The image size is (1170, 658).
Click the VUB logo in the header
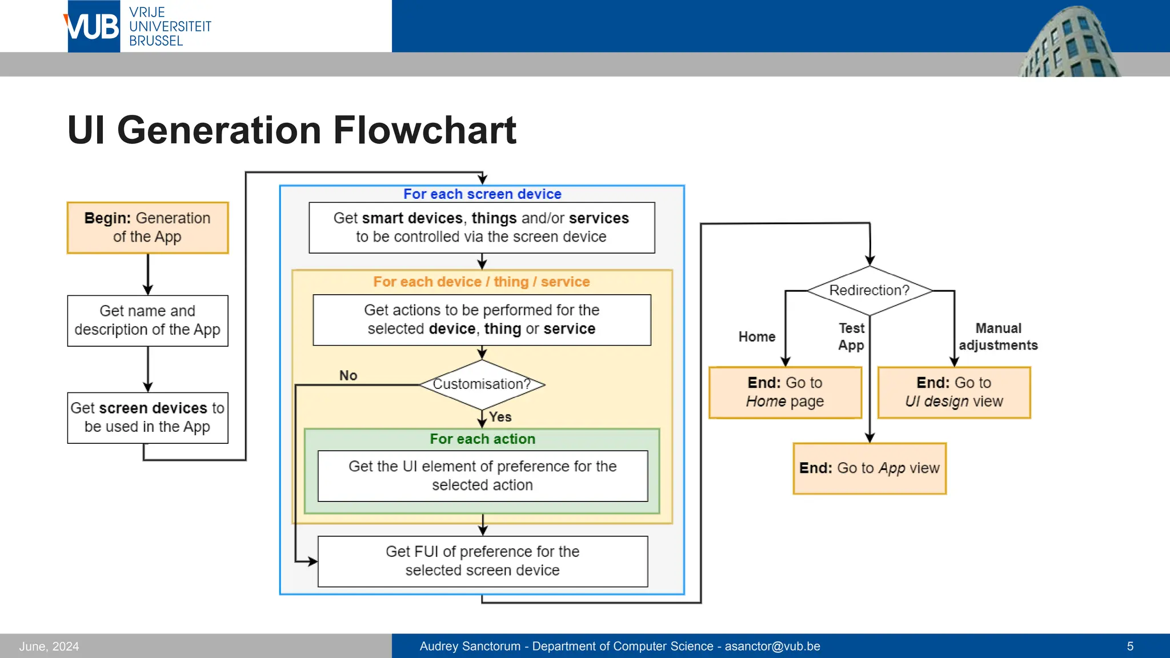(x=93, y=26)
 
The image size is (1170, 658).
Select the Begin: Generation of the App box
(x=147, y=227)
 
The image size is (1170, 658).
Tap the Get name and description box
(x=147, y=320)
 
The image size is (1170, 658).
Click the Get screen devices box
(x=147, y=418)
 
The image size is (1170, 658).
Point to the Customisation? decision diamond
(x=482, y=384)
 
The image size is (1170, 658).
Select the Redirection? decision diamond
(x=869, y=290)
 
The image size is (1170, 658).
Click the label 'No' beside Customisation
(x=348, y=375)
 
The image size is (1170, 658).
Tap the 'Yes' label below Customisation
(x=500, y=417)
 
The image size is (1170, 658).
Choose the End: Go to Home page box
(x=785, y=392)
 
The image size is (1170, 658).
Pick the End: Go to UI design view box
(x=953, y=392)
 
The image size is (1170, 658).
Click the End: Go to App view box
(x=869, y=468)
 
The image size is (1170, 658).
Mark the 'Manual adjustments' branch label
(x=997, y=336)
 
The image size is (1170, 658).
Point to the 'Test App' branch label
(x=851, y=336)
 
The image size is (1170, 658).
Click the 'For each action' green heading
(x=482, y=439)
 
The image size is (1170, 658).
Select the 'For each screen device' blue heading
(x=482, y=194)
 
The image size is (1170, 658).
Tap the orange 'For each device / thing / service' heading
(x=481, y=282)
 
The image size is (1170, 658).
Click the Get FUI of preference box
(x=482, y=561)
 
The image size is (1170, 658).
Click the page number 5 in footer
(x=1129, y=646)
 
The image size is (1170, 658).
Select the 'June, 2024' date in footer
(x=49, y=646)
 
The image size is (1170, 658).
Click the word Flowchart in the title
(x=424, y=130)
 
